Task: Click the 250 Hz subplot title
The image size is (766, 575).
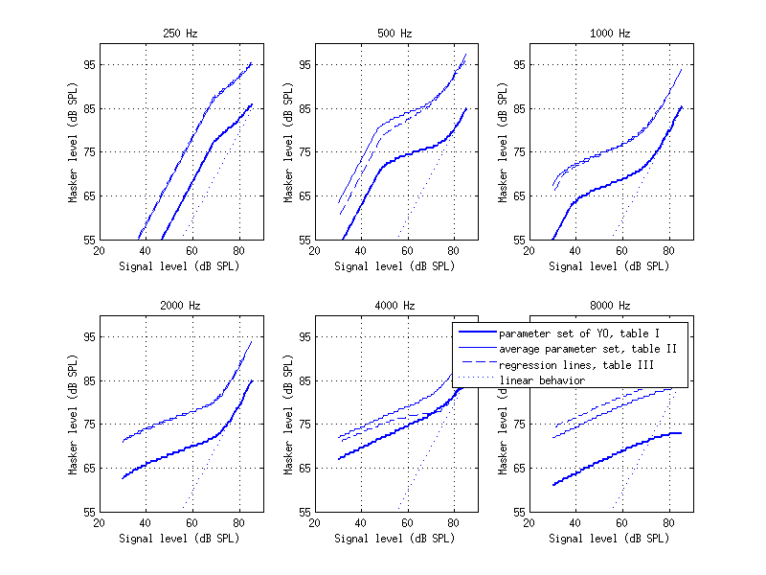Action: (180, 34)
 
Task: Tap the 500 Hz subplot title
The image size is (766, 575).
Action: (394, 34)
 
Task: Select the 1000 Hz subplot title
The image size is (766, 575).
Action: (610, 34)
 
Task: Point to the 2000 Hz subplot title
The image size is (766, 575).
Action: (180, 306)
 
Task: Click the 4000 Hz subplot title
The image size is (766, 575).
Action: (394, 306)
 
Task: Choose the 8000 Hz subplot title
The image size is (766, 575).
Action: (610, 306)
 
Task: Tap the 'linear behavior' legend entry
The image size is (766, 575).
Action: (542, 380)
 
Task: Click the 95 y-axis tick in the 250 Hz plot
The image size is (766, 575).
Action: (88, 64)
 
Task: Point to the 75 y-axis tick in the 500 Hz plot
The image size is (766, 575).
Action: (304, 151)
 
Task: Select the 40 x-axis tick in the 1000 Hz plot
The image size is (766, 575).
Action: (574, 252)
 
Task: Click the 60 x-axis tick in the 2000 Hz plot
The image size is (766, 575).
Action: (191, 524)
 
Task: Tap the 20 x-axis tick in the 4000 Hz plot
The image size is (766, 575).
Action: (314, 524)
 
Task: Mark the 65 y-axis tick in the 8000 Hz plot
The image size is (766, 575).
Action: (518, 468)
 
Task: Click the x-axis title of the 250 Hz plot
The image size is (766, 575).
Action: (180, 266)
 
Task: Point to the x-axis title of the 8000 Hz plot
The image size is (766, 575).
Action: (610, 539)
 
